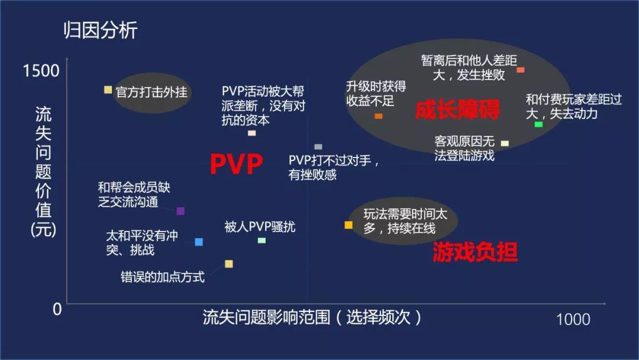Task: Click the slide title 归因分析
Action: [x=100, y=30]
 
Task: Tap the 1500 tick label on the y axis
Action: [x=41, y=70]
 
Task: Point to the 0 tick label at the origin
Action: [x=57, y=309]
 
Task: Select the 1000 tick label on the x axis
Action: [x=573, y=320]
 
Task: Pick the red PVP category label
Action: [x=236, y=164]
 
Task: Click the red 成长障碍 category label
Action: [x=457, y=110]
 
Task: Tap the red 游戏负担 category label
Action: [x=475, y=252]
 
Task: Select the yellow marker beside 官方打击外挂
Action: [x=108, y=89]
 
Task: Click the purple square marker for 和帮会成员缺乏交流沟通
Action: [x=180, y=211]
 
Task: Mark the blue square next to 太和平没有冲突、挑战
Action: [x=199, y=242]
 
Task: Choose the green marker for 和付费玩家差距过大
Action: [x=538, y=124]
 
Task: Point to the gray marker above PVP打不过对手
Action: [x=318, y=147]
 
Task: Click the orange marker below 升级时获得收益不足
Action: [x=379, y=116]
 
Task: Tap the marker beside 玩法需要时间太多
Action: [x=348, y=225]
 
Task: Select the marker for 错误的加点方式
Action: [x=229, y=263]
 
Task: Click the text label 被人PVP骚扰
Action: [x=260, y=227]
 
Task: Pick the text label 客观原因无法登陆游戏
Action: [x=464, y=149]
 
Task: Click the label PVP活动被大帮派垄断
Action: [x=263, y=105]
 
